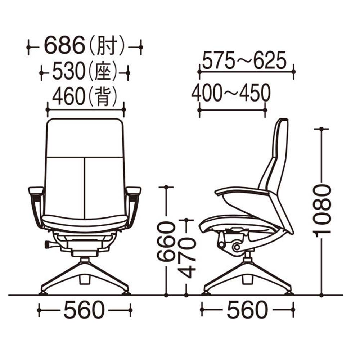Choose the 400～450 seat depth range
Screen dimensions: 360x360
[x=231, y=93]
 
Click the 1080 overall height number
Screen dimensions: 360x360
[x=321, y=210]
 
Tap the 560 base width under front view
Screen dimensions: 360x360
[x=84, y=310]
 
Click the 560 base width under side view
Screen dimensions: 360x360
[x=247, y=310]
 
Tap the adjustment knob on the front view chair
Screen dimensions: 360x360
[x=48, y=244]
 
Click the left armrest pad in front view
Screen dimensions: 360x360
[x=36, y=190]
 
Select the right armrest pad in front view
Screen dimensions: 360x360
[x=134, y=190]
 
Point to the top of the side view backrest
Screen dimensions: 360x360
[x=283, y=120]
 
